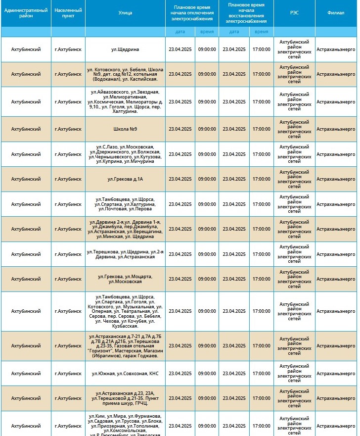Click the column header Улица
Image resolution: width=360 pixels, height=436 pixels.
(x=125, y=13)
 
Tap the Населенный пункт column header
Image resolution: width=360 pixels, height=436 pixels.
(x=68, y=13)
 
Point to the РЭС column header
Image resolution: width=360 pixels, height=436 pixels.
(x=294, y=13)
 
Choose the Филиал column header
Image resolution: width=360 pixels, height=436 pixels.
(x=336, y=13)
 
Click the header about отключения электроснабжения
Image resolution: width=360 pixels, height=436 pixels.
(x=192, y=13)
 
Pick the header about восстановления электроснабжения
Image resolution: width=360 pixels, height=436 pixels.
(x=246, y=13)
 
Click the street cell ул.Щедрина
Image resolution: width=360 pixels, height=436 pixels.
(x=125, y=49)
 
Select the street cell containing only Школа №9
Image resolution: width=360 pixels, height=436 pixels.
(x=125, y=129)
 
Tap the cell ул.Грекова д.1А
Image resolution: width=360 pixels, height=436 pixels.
(x=125, y=179)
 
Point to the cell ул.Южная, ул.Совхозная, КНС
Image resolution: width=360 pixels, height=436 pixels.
(x=125, y=373)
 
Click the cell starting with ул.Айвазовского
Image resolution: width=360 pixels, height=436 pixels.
(x=125, y=102)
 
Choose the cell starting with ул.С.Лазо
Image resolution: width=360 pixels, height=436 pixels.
(x=125, y=154)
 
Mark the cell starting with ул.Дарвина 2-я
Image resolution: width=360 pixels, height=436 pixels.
(x=125, y=229)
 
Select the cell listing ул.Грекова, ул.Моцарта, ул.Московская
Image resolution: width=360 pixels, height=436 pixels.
(x=125, y=279)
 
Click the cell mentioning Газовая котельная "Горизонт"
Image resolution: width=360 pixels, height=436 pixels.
(x=125, y=346)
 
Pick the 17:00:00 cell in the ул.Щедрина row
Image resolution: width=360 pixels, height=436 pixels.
(x=262, y=49)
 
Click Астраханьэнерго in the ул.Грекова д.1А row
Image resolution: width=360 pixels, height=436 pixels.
(x=336, y=179)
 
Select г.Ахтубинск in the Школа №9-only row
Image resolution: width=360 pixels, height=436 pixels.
(x=68, y=129)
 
